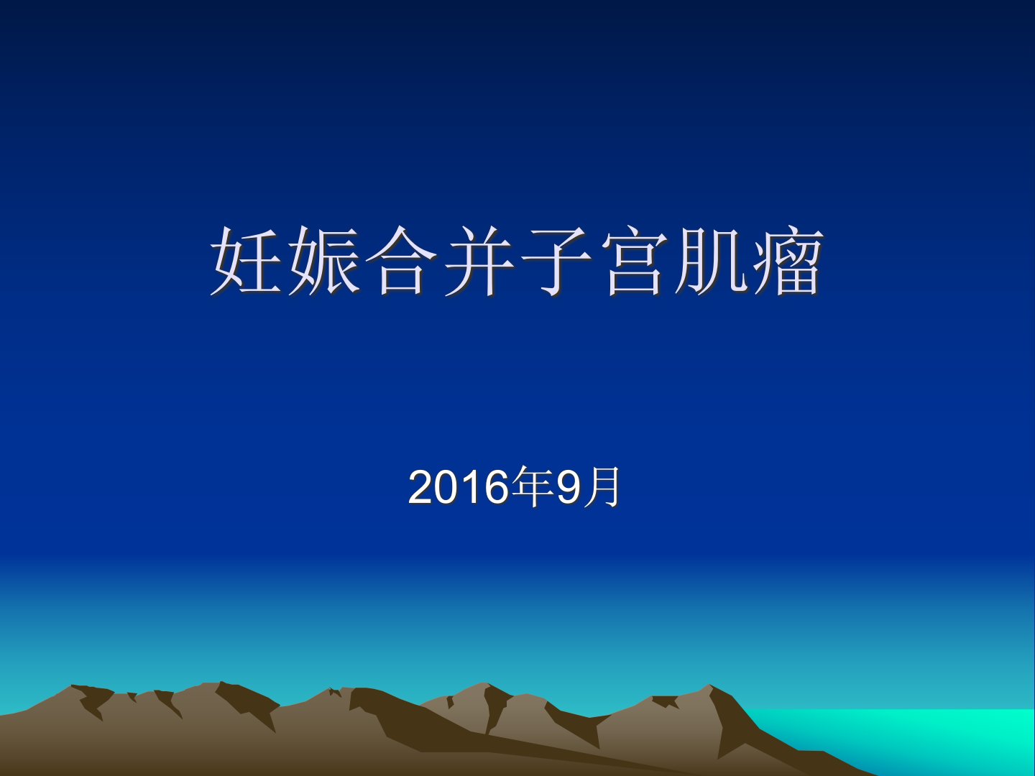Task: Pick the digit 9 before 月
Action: click(569, 487)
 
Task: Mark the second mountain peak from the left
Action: click(220, 683)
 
